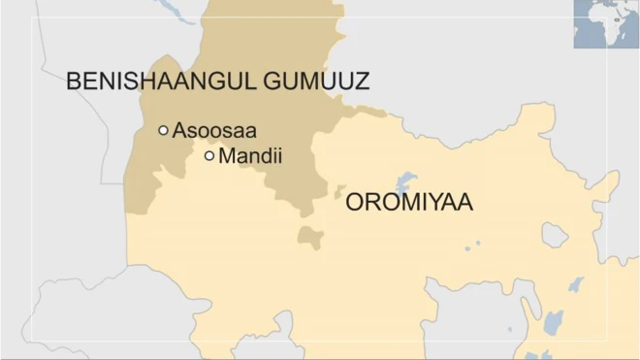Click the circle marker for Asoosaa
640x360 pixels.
tap(163, 130)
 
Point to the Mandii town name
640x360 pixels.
tap(250, 155)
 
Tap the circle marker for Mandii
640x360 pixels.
tap(208, 155)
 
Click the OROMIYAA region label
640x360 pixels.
tap(408, 203)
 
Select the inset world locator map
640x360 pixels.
tap(606, 23)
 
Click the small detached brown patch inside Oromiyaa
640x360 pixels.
tap(309, 237)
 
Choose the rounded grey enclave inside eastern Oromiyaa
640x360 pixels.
tap(554, 235)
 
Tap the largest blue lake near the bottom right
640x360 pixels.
tap(554, 321)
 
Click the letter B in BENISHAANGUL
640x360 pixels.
tap(74, 82)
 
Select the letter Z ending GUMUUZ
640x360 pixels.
tap(362, 82)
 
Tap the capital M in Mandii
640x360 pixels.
tap(228, 155)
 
